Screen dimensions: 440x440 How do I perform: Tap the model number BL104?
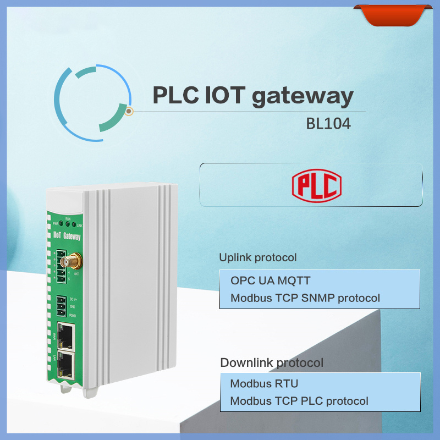point(328,124)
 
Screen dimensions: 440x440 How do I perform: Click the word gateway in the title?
point(302,97)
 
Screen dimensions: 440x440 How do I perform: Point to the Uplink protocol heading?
point(258,257)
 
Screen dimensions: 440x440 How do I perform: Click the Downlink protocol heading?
point(272,362)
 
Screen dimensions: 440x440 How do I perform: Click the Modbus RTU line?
point(264,383)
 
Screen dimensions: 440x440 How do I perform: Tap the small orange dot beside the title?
point(129,112)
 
